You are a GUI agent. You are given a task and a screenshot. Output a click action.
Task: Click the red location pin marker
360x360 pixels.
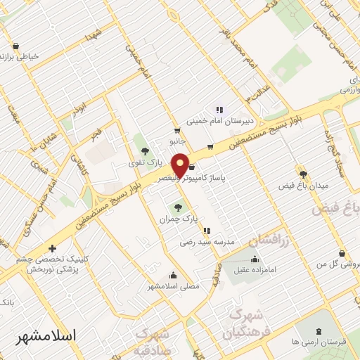pyautogui.click(x=180, y=165)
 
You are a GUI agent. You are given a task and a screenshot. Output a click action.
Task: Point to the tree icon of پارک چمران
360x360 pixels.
pyautogui.click(x=177, y=207)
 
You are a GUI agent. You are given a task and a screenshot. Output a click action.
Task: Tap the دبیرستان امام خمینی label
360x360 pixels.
pyautogui.click(x=219, y=121)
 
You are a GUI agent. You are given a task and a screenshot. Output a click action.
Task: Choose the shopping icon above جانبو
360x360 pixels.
pyautogui.click(x=177, y=131)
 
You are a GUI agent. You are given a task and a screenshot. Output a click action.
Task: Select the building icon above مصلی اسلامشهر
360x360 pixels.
pyautogui.click(x=173, y=275)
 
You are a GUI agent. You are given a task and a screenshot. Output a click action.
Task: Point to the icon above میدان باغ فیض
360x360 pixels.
pyautogui.click(x=303, y=174)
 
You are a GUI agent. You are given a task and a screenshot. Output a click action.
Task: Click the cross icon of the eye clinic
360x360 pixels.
pyautogui.click(x=52, y=248)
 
